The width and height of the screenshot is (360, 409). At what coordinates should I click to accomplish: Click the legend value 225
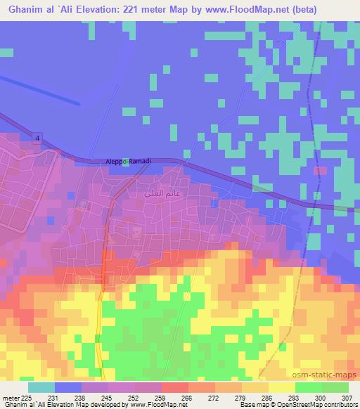pos(27,397)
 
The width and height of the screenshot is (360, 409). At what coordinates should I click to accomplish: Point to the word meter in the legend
pos(11,397)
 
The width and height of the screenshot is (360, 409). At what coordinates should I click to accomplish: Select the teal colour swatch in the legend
pos(41,387)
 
